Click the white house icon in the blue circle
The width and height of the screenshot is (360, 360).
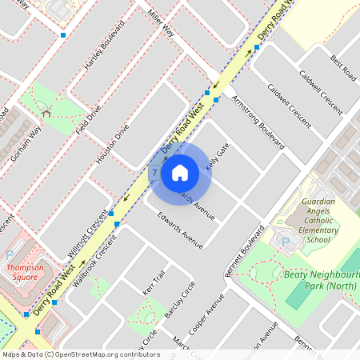click(180, 172)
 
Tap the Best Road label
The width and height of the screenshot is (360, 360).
click(343, 67)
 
